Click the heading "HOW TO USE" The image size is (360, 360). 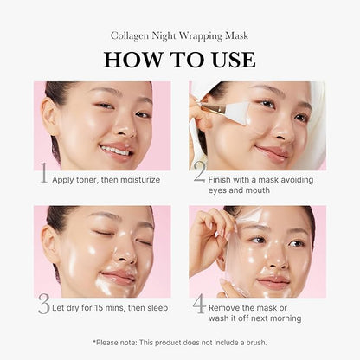click(x=180, y=59)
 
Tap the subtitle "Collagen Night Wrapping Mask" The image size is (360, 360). click(x=180, y=35)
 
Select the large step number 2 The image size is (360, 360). click(x=198, y=175)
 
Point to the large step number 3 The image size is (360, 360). click(x=43, y=304)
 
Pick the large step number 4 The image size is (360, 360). click(x=198, y=304)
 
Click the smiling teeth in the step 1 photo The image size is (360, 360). click(x=115, y=150)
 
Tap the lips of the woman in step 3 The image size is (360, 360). click(x=117, y=277)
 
